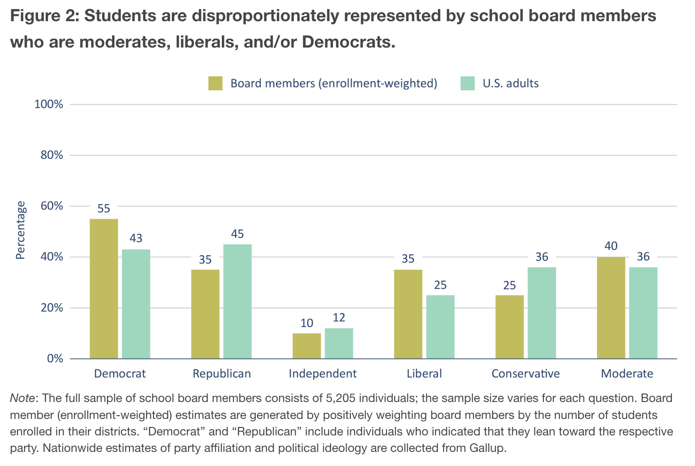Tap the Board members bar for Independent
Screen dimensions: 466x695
[307, 346]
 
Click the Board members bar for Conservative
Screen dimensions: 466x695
[509, 327]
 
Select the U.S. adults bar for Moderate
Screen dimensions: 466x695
[643, 313]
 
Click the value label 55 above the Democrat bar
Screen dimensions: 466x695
[104, 209]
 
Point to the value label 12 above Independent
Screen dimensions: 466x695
[339, 318]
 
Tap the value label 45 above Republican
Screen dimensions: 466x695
[237, 234]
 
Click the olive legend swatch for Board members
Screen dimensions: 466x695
[216, 83]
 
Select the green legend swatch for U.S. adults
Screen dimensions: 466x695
[468, 83]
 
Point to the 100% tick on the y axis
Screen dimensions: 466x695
[48, 104]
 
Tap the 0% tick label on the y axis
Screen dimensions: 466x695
[55, 359]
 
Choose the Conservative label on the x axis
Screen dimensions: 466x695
[525, 374]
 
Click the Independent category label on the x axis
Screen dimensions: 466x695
[323, 374]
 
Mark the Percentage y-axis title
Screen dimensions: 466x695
[20, 230]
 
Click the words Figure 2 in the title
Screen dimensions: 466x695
[43, 16]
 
